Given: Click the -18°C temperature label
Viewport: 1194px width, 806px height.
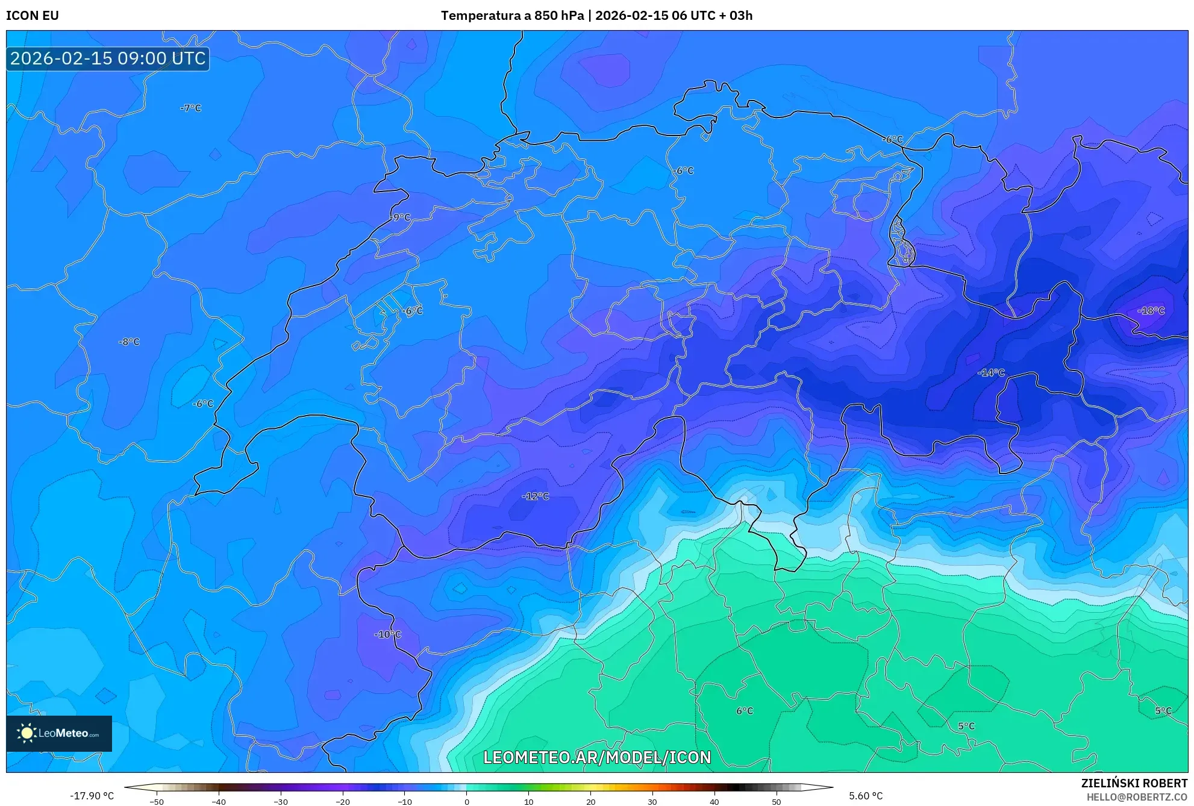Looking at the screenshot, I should pos(1151,311).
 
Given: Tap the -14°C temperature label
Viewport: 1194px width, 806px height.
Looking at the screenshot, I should pos(991,373).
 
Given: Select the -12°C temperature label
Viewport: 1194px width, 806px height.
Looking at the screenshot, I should pos(536,496).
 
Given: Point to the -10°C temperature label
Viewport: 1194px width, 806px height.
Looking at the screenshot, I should pos(387,634).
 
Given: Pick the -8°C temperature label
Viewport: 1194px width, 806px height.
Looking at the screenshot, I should pos(129,342).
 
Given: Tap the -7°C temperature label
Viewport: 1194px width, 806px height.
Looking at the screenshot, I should pos(190,108).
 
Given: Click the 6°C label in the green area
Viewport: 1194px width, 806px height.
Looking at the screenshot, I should pos(745,711).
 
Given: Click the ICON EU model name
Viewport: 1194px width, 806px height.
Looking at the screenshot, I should pos(33,16).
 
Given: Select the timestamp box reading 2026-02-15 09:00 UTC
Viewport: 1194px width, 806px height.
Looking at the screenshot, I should pos(108,58).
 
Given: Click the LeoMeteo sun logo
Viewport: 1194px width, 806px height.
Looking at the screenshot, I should pos(27,733).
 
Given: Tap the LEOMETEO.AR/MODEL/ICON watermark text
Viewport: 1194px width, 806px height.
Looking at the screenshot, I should pos(597,757).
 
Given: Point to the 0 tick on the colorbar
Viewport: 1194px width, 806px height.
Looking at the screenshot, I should pos(466,801).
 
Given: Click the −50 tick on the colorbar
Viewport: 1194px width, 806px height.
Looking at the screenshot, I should pos(157,801).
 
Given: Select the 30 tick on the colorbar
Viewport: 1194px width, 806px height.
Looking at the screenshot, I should pos(652,801).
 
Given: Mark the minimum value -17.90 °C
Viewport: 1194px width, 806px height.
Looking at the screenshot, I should pos(92,796).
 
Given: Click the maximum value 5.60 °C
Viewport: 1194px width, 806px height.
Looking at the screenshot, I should pos(866,796).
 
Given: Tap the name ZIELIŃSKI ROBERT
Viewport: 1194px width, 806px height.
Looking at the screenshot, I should pos(1134,783).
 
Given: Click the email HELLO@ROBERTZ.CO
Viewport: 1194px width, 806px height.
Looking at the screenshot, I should pos(1137,797).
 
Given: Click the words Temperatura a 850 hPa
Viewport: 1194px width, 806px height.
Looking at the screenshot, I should pos(512,16).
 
